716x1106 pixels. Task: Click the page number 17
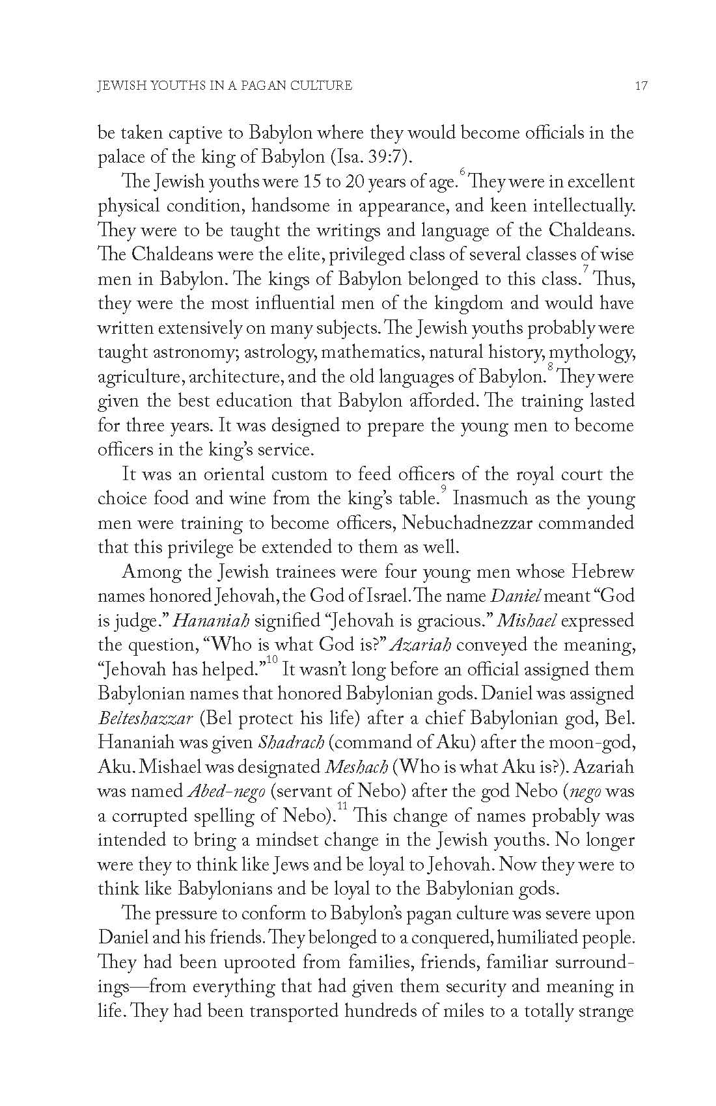pyautogui.click(x=641, y=85)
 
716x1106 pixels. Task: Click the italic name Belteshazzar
pyautogui.click(x=145, y=718)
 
